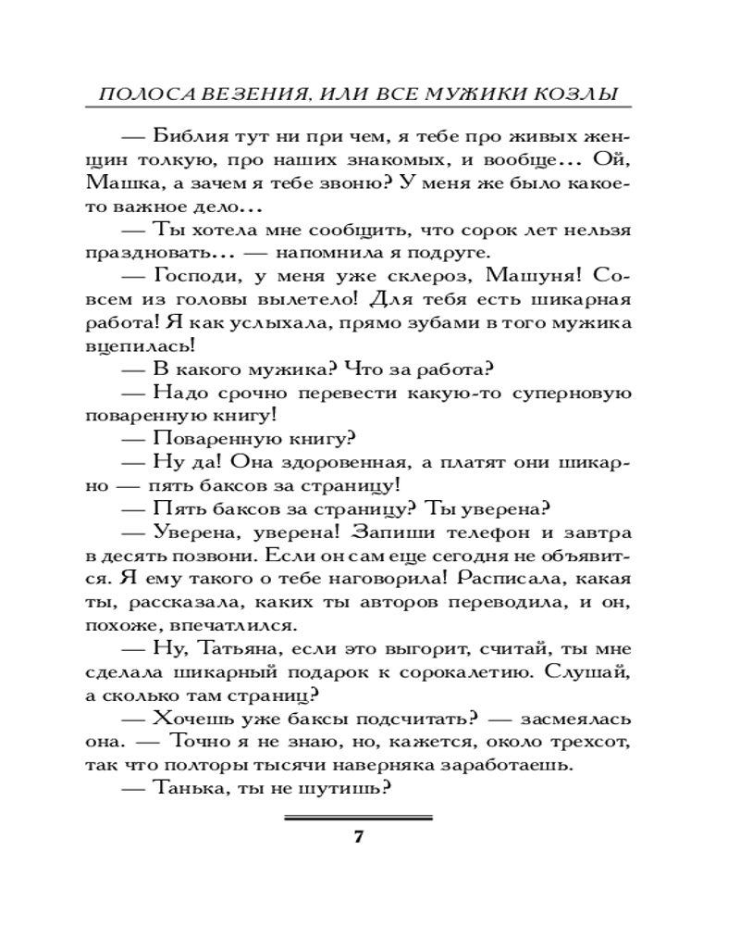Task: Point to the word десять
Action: pyautogui.click(x=149, y=557)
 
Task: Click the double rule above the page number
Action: pyautogui.click(x=358, y=818)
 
